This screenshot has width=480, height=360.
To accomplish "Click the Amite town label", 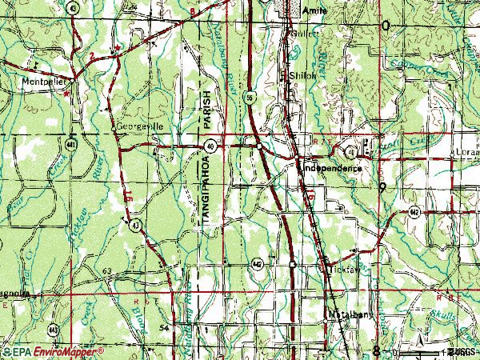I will pyautogui.click(x=316, y=11).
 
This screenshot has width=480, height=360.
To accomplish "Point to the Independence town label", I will pyautogui.click(x=332, y=169).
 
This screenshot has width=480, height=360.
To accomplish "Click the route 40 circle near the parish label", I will pyautogui.click(x=210, y=146).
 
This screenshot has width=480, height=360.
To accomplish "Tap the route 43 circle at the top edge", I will pyautogui.click(x=73, y=7).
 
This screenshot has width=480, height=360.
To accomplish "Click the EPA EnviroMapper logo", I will pyautogui.click(x=52, y=351).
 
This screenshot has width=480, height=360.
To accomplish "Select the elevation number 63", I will pyautogui.click(x=106, y=272).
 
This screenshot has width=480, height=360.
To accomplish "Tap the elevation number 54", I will pyautogui.click(x=164, y=328).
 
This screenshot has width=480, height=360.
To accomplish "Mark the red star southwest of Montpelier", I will pyautogui.click(x=66, y=91).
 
